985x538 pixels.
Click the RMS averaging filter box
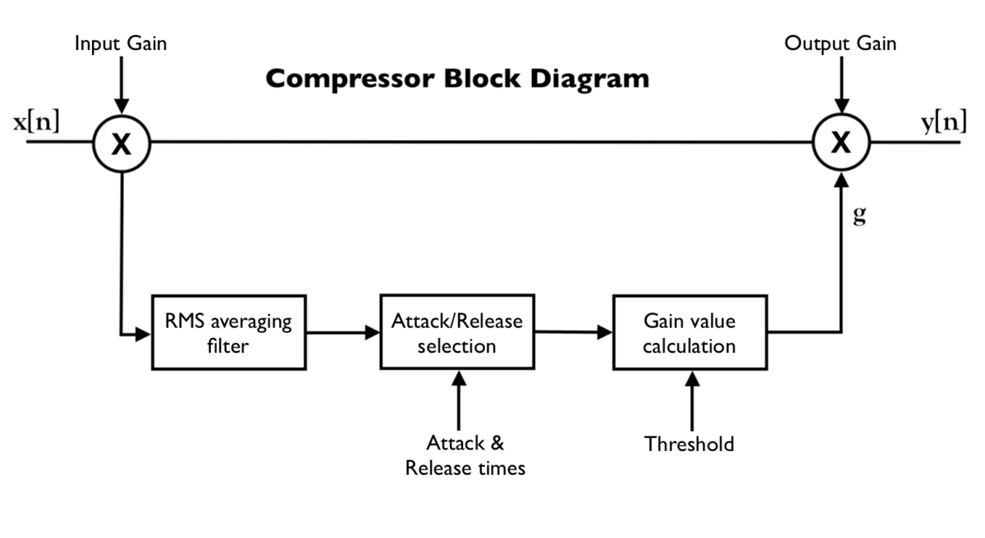(228, 333)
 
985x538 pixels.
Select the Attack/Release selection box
(456, 333)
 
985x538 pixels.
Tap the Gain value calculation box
(690, 333)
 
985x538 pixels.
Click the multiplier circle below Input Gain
(121, 144)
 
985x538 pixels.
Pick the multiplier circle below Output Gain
(841, 144)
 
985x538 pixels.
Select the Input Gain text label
(121, 43)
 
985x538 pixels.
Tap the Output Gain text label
(840, 43)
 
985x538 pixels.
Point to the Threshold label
(689, 445)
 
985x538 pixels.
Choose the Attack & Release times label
(465, 456)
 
